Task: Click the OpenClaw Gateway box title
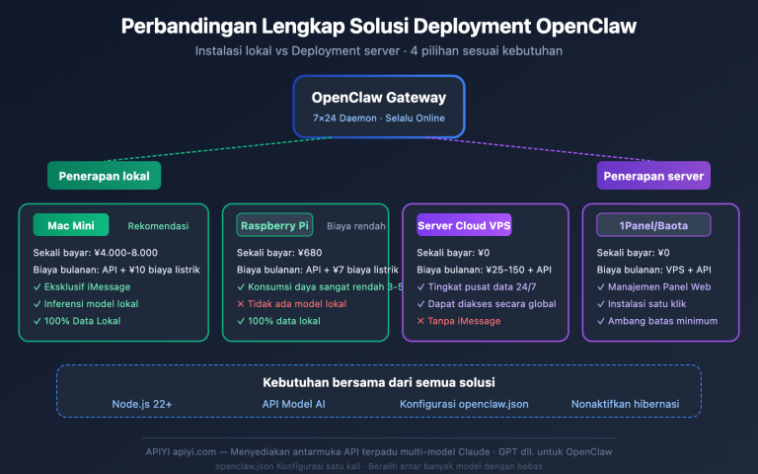pyautogui.click(x=379, y=97)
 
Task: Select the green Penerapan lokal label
pyautogui.click(x=104, y=175)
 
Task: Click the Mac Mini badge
pyautogui.click(x=70, y=225)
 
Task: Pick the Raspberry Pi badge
pyautogui.click(x=274, y=225)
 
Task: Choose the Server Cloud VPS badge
pyautogui.click(x=465, y=225)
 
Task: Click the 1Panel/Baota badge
pyautogui.click(x=653, y=225)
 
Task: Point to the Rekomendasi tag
pyautogui.click(x=158, y=226)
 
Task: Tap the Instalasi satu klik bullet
pyautogui.click(x=647, y=304)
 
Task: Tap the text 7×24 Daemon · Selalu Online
pyautogui.click(x=379, y=118)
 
